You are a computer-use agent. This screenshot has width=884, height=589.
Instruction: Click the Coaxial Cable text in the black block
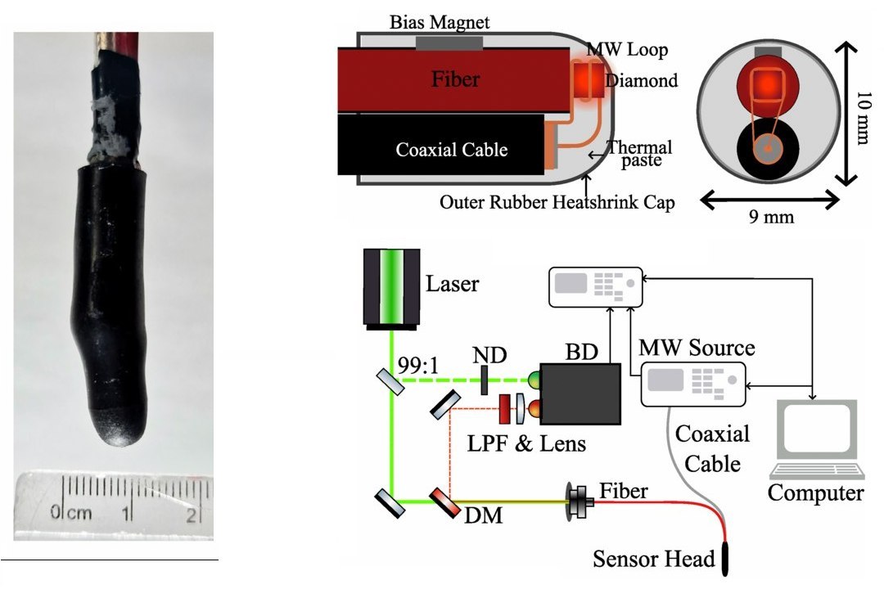(451, 150)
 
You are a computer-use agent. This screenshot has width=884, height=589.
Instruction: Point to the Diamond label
(642, 80)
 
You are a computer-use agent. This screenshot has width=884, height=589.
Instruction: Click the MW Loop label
(635, 50)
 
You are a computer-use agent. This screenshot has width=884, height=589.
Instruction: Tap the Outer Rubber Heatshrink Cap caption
(557, 202)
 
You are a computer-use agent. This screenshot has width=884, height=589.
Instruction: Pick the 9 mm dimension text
(770, 218)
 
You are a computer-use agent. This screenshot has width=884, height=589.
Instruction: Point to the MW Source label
(697, 348)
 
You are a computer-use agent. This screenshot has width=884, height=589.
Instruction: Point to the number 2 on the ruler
(190, 515)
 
